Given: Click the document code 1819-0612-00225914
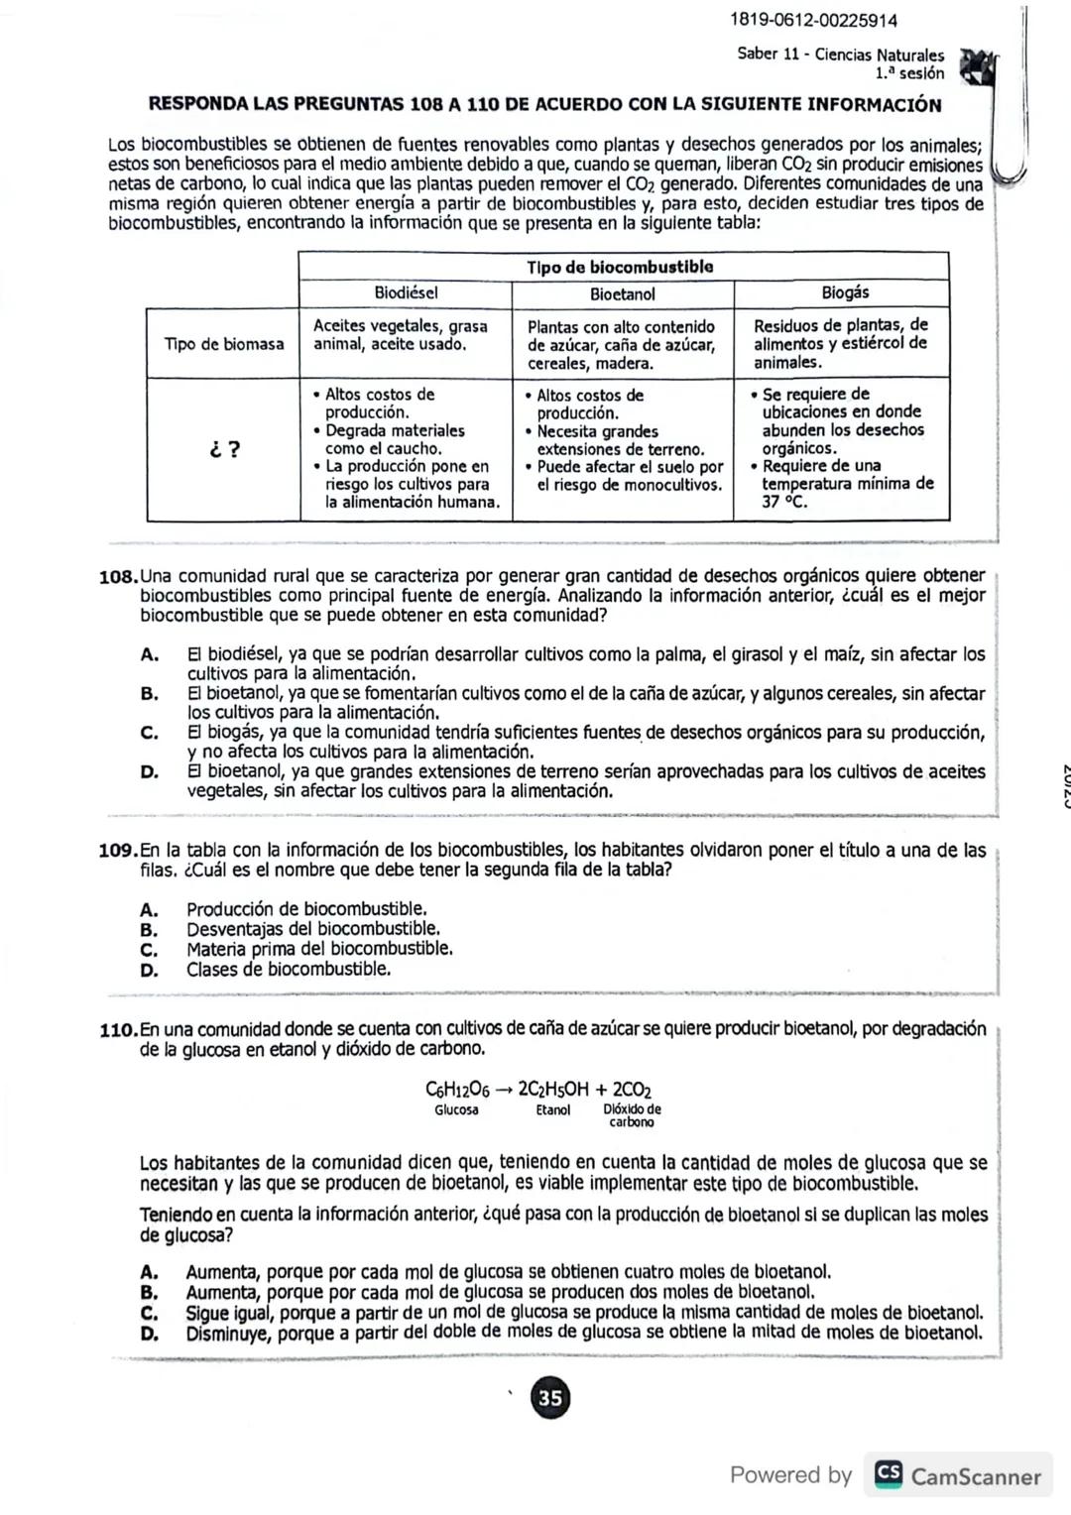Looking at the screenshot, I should coord(813,20).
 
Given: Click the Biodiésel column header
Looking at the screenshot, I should coord(406,292).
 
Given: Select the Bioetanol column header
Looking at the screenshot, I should coord(622,293).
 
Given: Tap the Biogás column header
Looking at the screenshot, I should coord(845,291).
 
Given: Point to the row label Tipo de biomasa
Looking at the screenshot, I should coord(224,344).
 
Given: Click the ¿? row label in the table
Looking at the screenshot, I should coord(225,449).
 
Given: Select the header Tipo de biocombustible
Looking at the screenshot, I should coord(620,267).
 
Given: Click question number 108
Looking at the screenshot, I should coord(119,577).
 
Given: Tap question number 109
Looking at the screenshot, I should coord(119,851).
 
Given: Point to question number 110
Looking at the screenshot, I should coord(119,1030).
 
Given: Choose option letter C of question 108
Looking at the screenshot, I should coord(150,733).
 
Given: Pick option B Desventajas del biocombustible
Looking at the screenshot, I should coord(312,929).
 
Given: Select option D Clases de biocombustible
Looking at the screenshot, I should coord(288,969).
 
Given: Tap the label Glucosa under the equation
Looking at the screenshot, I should coord(456,1109).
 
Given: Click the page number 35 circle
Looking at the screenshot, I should coord(549,1398).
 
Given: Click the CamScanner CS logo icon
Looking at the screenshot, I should coord(888,1475).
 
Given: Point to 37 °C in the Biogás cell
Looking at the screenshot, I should coord(783,502).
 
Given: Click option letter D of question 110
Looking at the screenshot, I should coord(150,1334).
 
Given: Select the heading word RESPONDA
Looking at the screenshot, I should coord(196,104).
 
